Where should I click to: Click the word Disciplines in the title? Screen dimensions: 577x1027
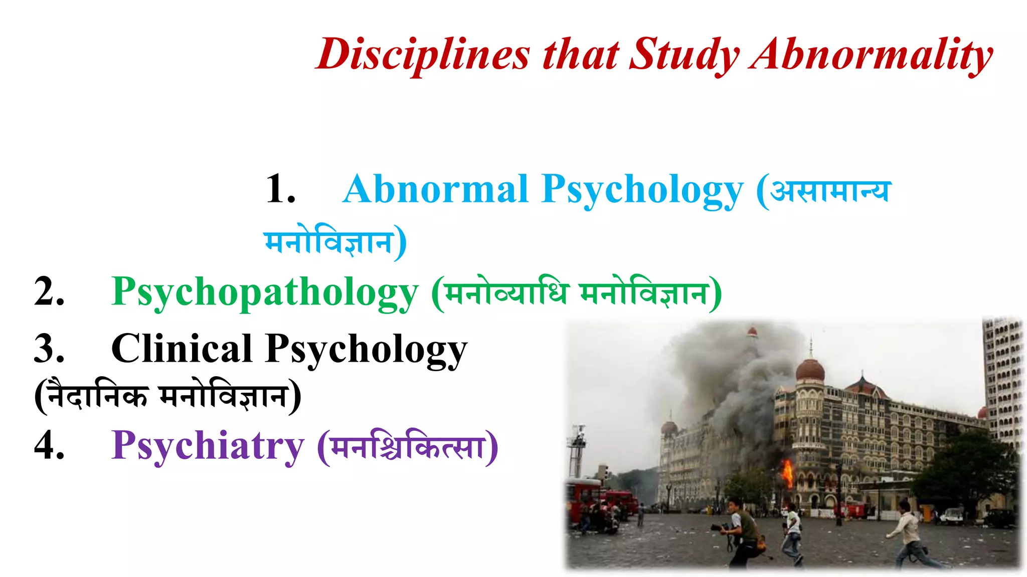point(423,54)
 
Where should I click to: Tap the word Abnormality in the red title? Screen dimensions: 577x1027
point(872,54)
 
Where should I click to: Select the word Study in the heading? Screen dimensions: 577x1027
point(684,54)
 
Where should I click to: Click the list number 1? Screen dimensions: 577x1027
point(280,189)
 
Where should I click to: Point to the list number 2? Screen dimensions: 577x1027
point(49,292)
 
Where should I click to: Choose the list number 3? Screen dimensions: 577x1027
point(49,349)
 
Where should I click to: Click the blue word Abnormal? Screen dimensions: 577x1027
point(435,189)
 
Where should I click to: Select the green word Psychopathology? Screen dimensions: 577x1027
point(265,292)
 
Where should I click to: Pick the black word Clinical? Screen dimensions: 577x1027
point(182,349)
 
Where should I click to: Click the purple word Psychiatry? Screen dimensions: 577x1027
point(208,445)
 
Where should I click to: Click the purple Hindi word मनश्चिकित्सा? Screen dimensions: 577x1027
point(408,446)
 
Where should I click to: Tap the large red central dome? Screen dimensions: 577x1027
point(810,370)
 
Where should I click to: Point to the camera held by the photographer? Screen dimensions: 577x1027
point(718,527)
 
